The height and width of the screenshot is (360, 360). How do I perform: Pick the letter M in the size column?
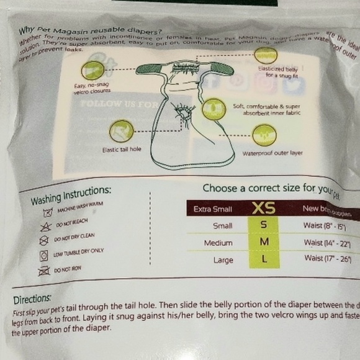pos(264,242)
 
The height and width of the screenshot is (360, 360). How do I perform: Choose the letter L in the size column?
pos(264,259)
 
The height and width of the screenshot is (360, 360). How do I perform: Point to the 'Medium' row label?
pos(218,243)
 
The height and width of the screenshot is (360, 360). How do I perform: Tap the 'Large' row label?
pos(223,260)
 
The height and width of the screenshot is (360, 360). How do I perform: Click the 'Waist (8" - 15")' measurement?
pos(324,228)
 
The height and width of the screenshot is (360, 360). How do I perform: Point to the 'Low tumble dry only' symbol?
pos(43,255)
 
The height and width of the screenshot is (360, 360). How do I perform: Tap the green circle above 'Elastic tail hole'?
pos(119,131)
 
